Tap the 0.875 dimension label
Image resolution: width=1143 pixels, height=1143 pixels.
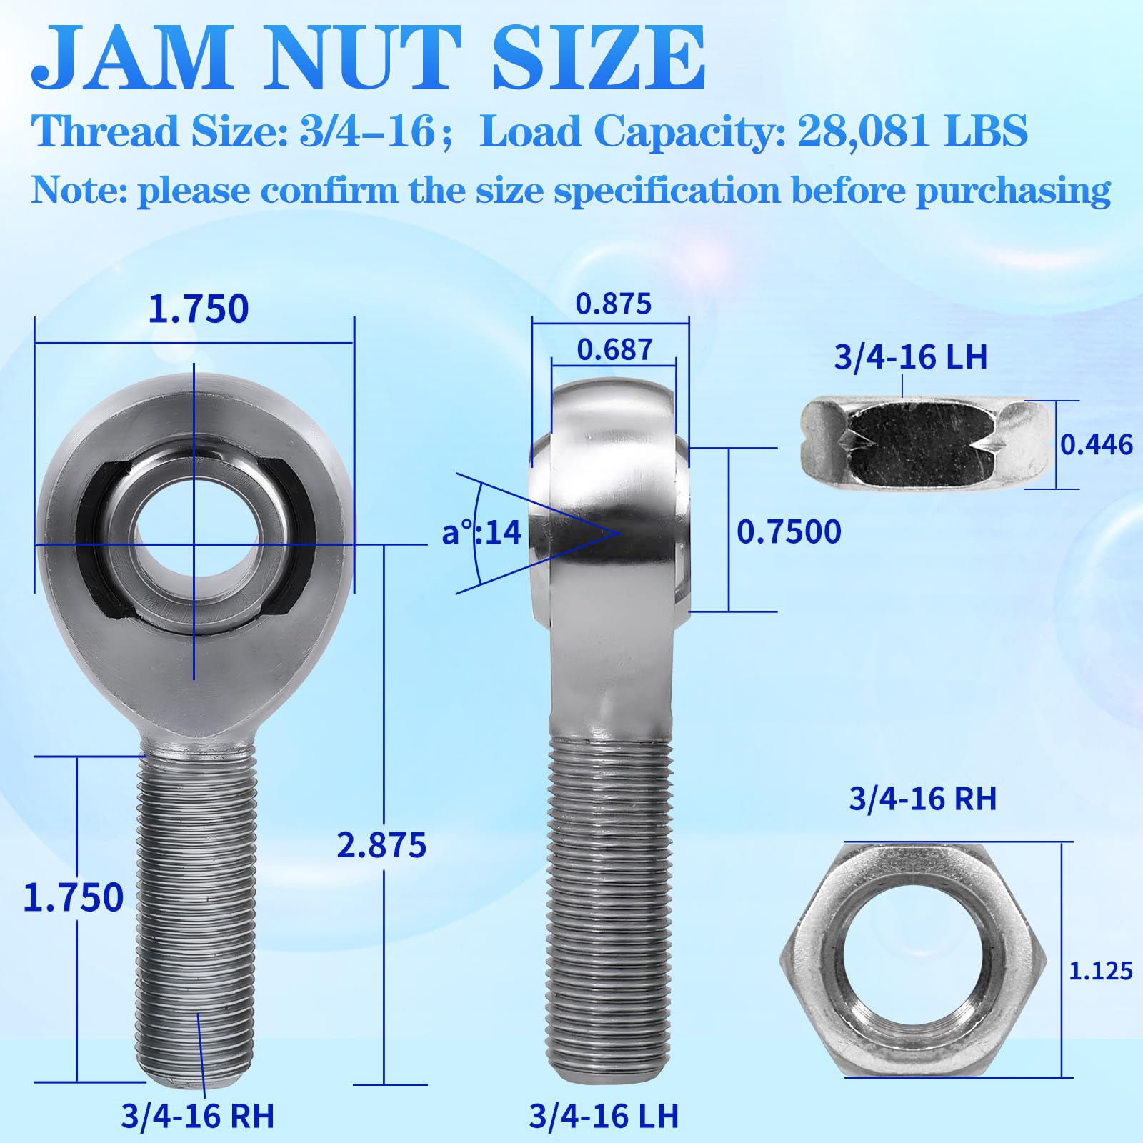point(614,304)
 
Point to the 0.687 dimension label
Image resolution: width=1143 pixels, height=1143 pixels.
point(614,350)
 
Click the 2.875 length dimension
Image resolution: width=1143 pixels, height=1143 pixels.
point(381,845)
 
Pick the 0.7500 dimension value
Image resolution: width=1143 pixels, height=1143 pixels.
point(789,532)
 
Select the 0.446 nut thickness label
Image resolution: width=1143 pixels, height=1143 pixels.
point(1096,445)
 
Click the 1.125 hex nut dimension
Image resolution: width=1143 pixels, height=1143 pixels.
point(1100,971)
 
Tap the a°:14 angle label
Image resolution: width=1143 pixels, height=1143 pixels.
point(481,533)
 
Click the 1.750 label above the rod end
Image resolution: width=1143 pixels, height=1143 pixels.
point(198,309)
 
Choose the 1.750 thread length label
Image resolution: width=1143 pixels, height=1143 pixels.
point(73,897)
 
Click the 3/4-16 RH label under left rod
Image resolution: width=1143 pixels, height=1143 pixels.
point(197,1116)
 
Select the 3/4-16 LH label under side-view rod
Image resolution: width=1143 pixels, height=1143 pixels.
point(604,1116)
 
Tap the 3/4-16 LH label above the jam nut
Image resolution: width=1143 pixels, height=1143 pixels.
point(910,357)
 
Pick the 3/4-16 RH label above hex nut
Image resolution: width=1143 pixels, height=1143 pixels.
point(922,799)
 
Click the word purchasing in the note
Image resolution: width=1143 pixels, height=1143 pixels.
point(1013,191)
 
